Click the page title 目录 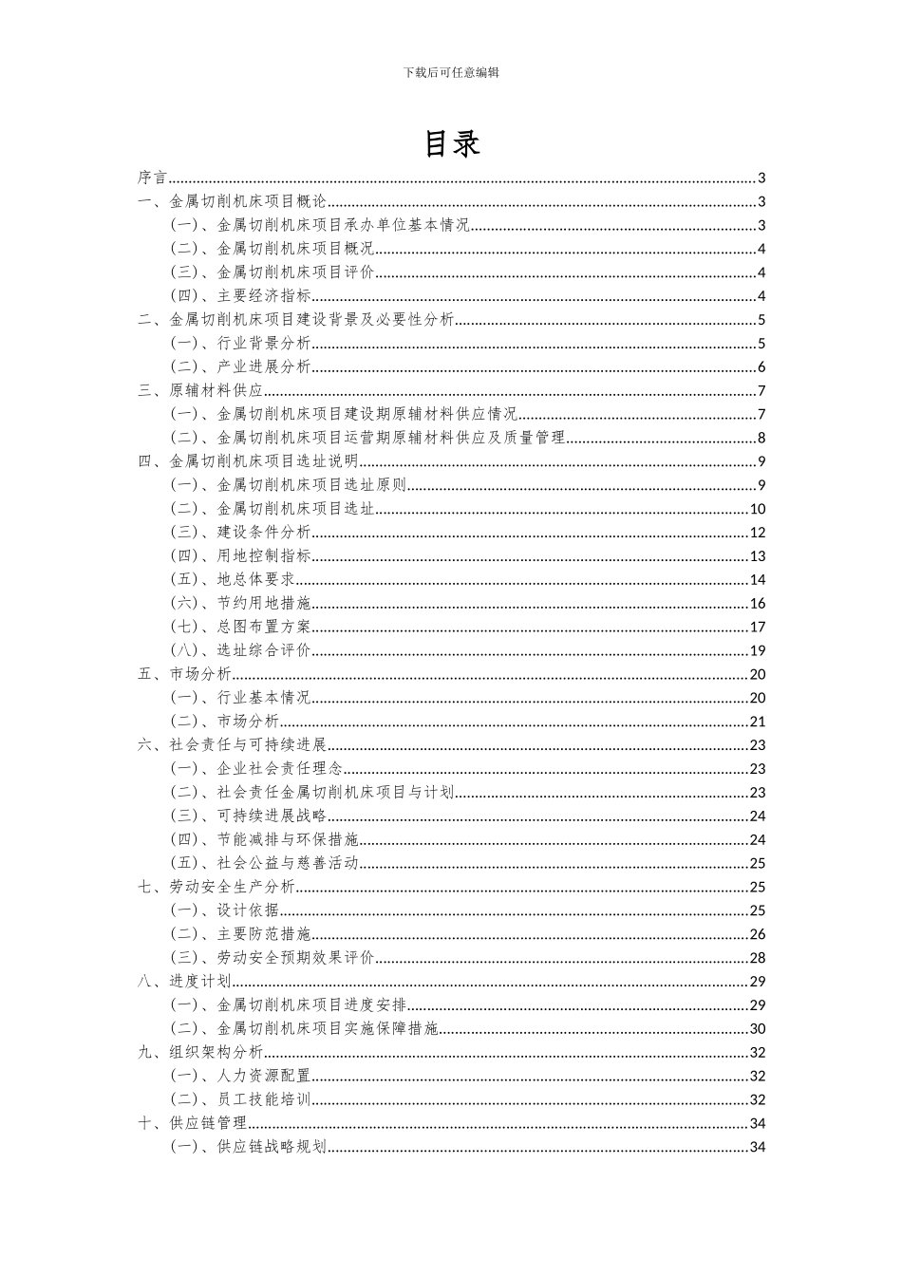[x=451, y=143]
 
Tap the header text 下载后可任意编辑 [x=451, y=72]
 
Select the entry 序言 [x=153, y=178]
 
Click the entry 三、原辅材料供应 [x=200, y=391]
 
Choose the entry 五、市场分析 [x=184, y=674]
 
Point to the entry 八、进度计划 [x=184, y=982]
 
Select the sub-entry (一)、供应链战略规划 [x=248, y=1147]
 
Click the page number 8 [x=761, y=438]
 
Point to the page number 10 [x=758, y=509]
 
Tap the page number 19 [x=758, y=650]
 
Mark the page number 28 [x=758, y=958]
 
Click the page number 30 [x=758, y=1028]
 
